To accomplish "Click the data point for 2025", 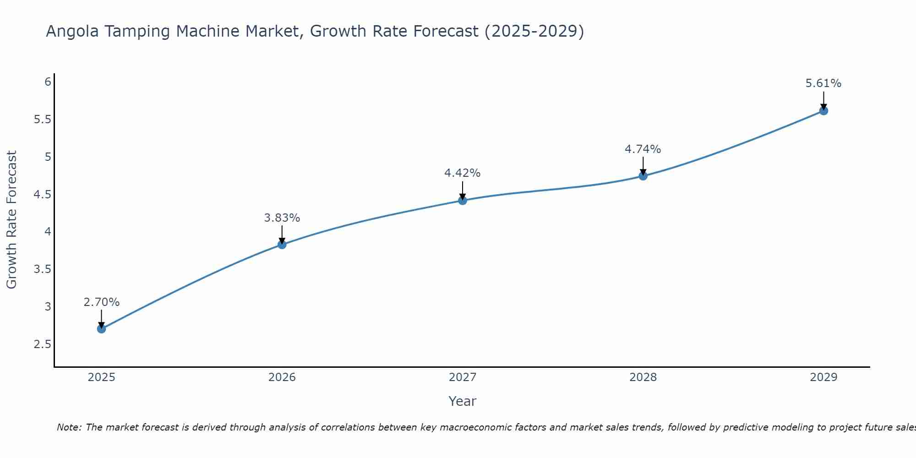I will [x=102, y=329].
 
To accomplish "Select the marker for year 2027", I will [x=463, y=201].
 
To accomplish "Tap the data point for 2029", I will [x=823, y=111].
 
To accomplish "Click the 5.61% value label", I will [x=823, y=83].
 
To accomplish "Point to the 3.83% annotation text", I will [x=282, y=218].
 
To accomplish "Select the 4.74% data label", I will [x=643, y=149].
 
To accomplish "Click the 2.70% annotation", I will [x=102, y=302].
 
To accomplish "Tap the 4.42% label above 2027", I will [x=463, y=173].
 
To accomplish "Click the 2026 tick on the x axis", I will [x=282, y=377].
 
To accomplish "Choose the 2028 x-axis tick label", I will [x=643, y=377].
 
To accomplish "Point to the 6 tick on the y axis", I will [x=48, y=82].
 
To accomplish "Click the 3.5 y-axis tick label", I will [x=43, y=269].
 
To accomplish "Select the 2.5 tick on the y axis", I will [x=43, y=344].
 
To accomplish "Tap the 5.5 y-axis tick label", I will [x=43, y=120].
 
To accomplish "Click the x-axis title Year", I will [x=463, y=401].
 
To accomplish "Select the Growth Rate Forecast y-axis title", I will [x=12, y=220].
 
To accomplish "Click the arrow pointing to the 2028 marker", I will [x=643, y=166].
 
